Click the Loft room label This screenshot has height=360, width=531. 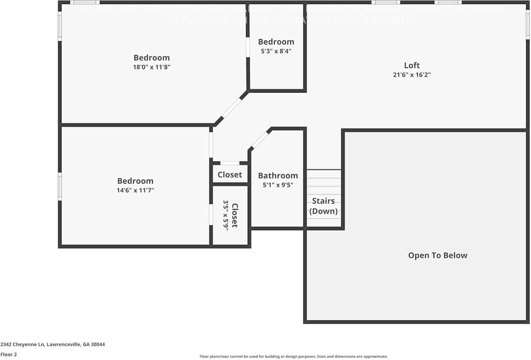(412, 65)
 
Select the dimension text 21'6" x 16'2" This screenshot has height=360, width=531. (412, 75)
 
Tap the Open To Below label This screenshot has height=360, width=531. (438, 255)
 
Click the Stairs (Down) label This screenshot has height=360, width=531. (323, 206)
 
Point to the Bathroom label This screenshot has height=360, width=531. (278, 175)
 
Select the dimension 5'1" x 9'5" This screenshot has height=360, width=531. (278, 185)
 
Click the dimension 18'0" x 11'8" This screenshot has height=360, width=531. (151, 67)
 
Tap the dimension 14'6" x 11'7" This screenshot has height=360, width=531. (135, 190)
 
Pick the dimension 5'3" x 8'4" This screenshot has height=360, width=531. (276, 51)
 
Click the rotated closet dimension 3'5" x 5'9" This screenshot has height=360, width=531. (226, 215)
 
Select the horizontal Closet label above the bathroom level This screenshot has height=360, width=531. (229, 175)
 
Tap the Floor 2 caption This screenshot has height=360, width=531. (9, 355)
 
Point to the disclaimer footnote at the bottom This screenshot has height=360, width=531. (293, 356)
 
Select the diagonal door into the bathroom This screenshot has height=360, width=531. (260, 140)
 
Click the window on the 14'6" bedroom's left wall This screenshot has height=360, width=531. (60, 187)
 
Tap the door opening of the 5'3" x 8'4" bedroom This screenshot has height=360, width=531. (248, 47)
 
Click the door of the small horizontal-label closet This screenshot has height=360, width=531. (229, 163)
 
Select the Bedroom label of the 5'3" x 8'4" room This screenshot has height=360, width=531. (276, 42)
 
